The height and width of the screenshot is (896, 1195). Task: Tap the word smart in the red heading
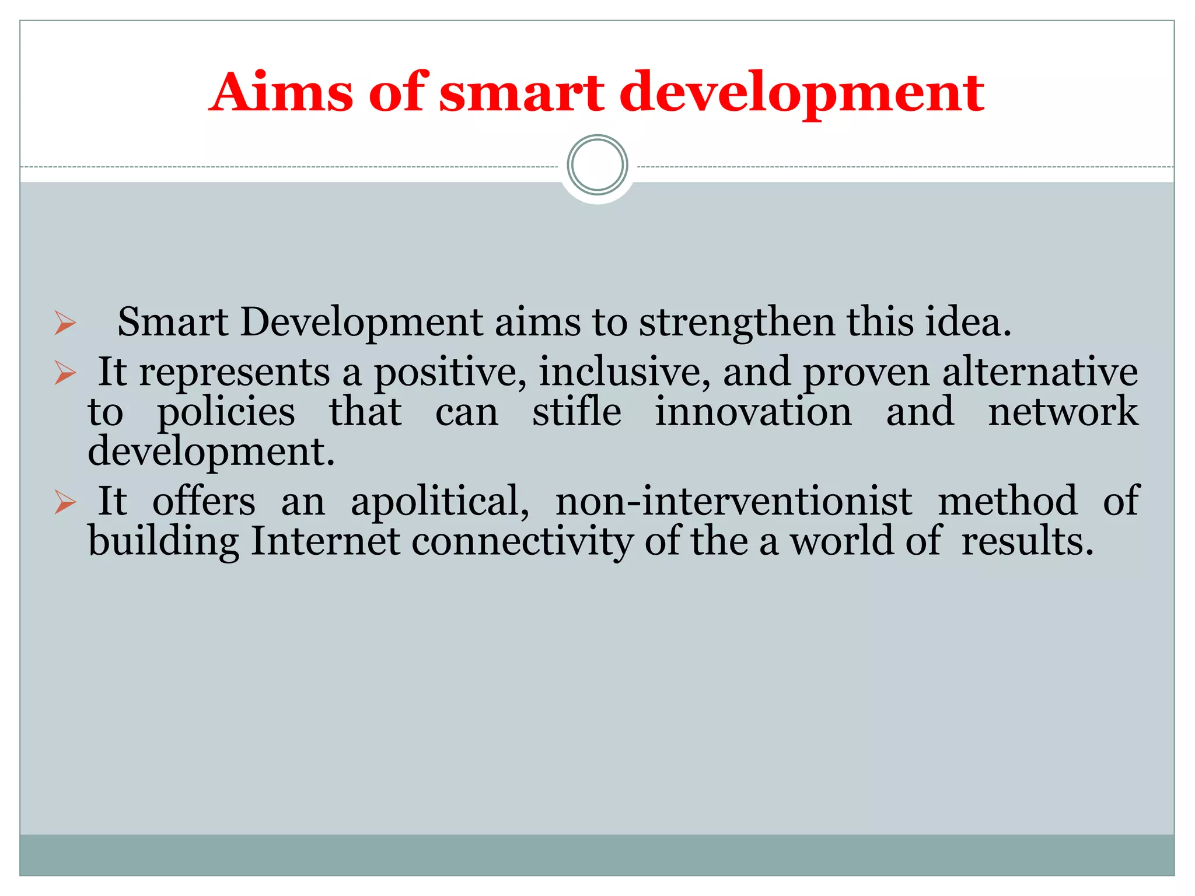tap(521, 93)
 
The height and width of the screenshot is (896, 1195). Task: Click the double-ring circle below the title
tap(597, 165)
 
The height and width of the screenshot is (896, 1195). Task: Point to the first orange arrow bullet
tap(65, 323)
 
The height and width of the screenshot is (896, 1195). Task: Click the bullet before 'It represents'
tap(65, 372)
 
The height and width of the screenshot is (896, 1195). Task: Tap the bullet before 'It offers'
tap(65, 502)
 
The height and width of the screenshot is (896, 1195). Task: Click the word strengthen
tap(736, 323)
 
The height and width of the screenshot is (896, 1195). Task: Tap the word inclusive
tap(624, 372)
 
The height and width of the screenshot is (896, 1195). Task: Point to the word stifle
tap(576, 412)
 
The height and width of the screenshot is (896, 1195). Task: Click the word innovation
tap(753, 412)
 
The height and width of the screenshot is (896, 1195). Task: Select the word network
tap(1063, 412)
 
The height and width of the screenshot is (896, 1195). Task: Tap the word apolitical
tap(440, 502)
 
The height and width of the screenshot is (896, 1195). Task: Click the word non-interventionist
tap(733, 502)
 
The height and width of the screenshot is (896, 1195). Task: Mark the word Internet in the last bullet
tap(325, 541)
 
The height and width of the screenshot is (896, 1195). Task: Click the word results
tap(1027, 541)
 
